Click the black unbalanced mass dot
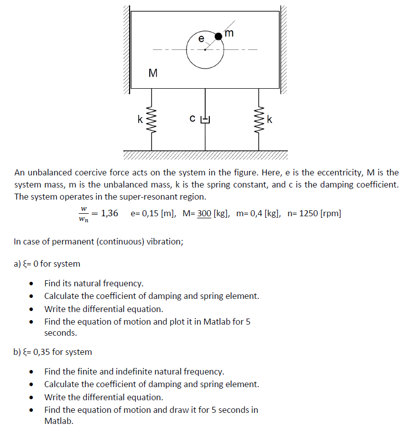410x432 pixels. pos(219,36)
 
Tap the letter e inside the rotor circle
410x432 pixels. pos(201,39)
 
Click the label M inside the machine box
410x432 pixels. pos(153,73)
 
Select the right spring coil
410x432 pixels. pos(259,119)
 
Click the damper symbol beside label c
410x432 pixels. pos(205,119)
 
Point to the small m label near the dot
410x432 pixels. pos(229,33)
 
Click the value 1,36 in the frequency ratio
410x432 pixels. pos(109,213)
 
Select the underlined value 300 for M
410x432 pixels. pos(204,213)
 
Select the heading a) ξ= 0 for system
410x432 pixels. pos(47,264)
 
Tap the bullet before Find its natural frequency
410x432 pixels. pos(32,284)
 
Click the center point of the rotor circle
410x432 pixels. pos(205,49)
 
